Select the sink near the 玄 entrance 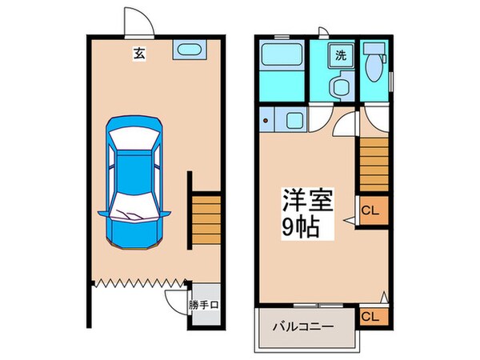coord(188,53)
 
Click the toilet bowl coord(373,66)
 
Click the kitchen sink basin coord(292,122)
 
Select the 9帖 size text coord(301,227)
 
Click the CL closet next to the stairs coord(370,211)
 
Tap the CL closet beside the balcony coord(371,317)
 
